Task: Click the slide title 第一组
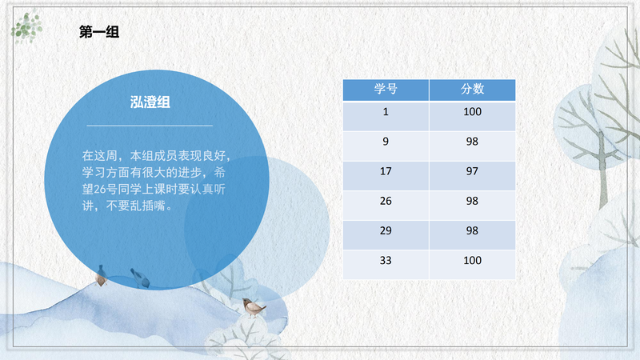click(99, 31)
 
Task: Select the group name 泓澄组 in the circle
click(150, 102)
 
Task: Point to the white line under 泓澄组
click(150, 126)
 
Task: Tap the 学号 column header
click(386, 90)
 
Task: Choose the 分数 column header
click(472, 90)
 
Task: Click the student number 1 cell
click(386, 116)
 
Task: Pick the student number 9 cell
click(386, 146)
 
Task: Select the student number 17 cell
click(386, 176)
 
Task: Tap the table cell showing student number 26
click(386, 206)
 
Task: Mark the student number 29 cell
click(386, 235)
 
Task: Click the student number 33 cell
click(386, 265)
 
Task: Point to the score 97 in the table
click(472, 171)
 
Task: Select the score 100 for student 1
click(472, 112)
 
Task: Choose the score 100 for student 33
click(472, 261)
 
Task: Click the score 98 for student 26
click(472, 201)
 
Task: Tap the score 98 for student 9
click(472, 142)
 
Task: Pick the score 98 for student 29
click(472, 230)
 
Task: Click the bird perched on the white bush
click(253, 308)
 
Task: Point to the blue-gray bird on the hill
click(140, 278)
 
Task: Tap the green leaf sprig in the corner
click(26, 28)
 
